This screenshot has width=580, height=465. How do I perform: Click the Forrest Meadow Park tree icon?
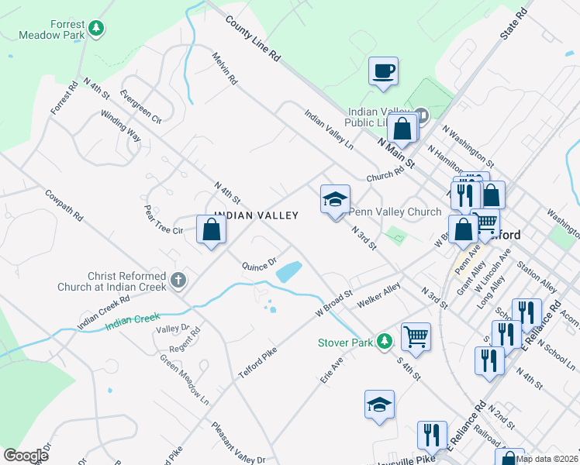pos(96,29)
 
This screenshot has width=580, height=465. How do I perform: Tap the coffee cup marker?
pos(383,71)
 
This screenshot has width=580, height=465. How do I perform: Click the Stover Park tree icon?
pos(384,342)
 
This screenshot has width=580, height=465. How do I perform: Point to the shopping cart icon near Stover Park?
pos(416,337)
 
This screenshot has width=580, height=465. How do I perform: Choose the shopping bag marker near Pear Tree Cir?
pos(212,229)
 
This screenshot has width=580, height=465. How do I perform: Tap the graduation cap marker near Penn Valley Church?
pos(335,200)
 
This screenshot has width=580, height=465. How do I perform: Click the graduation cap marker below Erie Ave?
pos(379,405)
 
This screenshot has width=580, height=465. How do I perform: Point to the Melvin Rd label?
pos(226,68)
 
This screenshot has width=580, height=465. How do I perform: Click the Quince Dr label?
pos(259,264)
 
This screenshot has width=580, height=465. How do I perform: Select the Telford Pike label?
pos(257,362)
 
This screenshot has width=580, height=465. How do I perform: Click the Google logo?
pos(25,455)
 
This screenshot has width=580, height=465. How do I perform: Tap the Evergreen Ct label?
pos(140,107)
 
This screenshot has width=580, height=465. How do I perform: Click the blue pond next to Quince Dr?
pos(288,271)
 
